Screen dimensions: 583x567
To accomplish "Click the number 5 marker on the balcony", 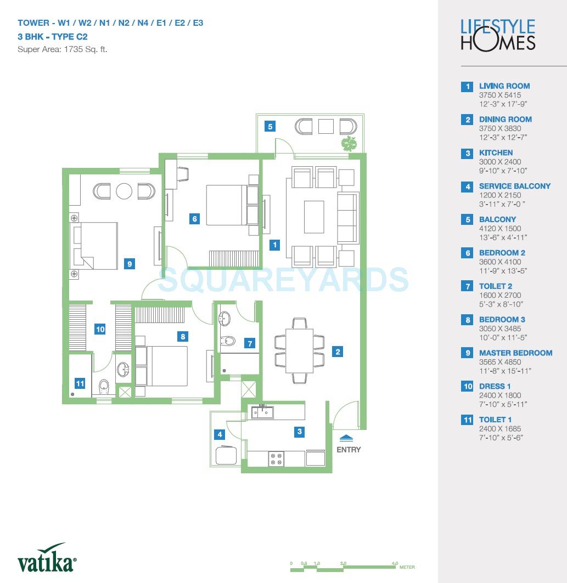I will (270, 127).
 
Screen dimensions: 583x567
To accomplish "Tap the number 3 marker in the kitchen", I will (299, 432).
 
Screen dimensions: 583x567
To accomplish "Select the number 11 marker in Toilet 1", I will (80, 383).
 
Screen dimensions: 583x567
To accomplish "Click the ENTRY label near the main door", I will (349, 450).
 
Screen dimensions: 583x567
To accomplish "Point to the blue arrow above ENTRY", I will (346, 438).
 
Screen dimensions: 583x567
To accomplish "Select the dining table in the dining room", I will (299, 351).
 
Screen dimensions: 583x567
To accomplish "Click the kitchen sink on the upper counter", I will (262, 411).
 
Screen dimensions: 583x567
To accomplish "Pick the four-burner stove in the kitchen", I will (276, 459).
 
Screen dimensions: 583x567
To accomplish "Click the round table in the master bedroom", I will (124, 191).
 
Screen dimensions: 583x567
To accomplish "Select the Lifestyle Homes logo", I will (497, 35).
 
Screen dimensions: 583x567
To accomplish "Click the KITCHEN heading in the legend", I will (496, 152).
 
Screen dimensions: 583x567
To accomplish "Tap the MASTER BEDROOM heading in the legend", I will (515, 353).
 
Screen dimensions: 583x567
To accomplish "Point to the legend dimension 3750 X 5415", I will (500, 95).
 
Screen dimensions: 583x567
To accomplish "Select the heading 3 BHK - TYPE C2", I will (52, 37).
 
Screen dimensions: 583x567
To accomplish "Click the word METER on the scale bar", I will (407, 567).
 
